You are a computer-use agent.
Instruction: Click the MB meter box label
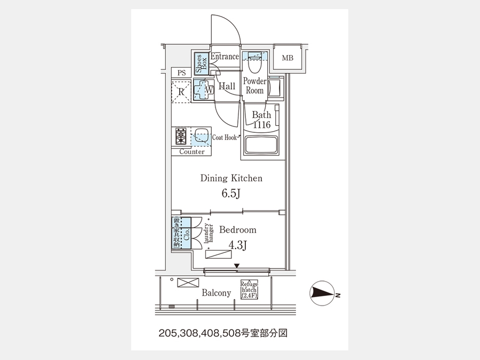pyautogui.click(x=287, y=58)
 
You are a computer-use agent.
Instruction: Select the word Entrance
pyautogui.click(x=224, y=57)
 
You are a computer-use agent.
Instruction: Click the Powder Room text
pyautogui.click(x=254, y=86)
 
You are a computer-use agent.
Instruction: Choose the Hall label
pyautogui.click(x=227, y=86)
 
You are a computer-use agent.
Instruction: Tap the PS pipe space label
pyautogui.click(x=181, y=73)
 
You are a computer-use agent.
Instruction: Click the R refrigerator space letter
pyautogui.click(x=181, y=91)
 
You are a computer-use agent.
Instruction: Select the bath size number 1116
pyautogui.click(x=261, y=125)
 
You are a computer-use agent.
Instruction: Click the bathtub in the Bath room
pyautogui.click(x=261, y=146)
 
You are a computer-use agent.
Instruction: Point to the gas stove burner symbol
pyautogui.click(x=181, y=137)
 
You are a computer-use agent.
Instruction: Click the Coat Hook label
pyautogui.click(x=224, y=138)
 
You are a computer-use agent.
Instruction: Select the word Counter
pyautogui.click(x=192, y=152)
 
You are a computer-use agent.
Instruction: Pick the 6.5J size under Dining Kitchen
pyautogui.click(x=231, y=193)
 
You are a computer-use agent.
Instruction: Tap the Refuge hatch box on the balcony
pyautogui.click(x=249, y=289)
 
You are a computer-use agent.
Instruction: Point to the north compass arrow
pyautogui.click(x=322, y=293)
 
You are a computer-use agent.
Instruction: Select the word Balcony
pyautogui.click(x=216, y=293)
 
